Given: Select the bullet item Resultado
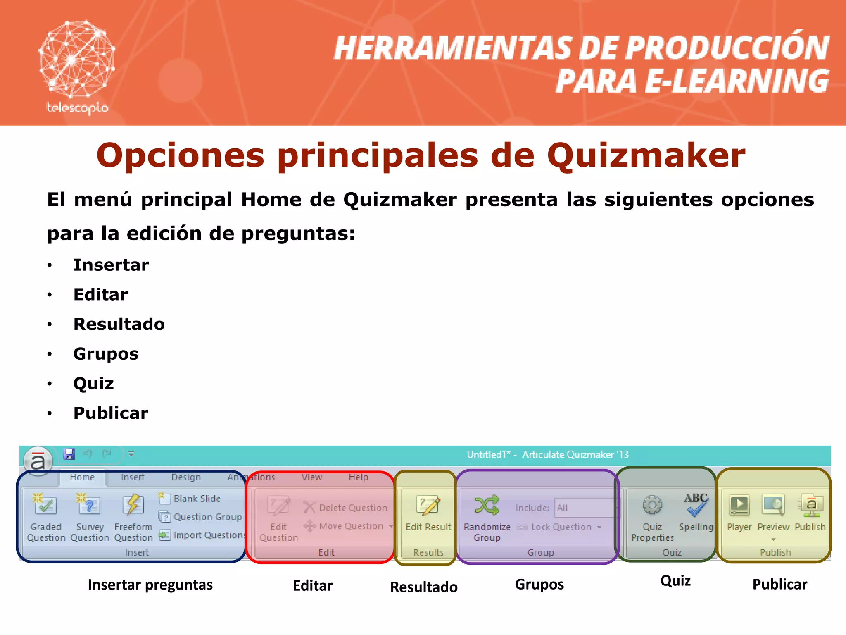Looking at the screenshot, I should click(119, 324).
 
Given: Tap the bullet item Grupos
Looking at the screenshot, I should click(106, 354).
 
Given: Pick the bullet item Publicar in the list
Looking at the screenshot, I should click(111, 413).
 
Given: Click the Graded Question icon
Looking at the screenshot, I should click(45, 505).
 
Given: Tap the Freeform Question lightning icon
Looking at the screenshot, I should click(133, 505).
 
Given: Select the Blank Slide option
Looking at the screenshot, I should click(197, 499).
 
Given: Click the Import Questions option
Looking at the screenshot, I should click(208, 535).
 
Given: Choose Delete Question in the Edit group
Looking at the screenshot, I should click(352, 508).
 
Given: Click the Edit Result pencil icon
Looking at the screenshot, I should click(428, 505).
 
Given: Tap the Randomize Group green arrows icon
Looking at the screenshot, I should click(487, 505).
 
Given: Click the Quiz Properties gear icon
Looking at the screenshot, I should click(652, 505).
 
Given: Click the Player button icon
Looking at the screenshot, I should click(739, 505).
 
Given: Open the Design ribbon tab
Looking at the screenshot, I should click(186, 477).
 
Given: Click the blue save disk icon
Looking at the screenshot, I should click(69, 454).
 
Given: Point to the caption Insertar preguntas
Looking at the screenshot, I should click(150, 585).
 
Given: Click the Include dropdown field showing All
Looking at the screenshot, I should click(585, 508).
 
